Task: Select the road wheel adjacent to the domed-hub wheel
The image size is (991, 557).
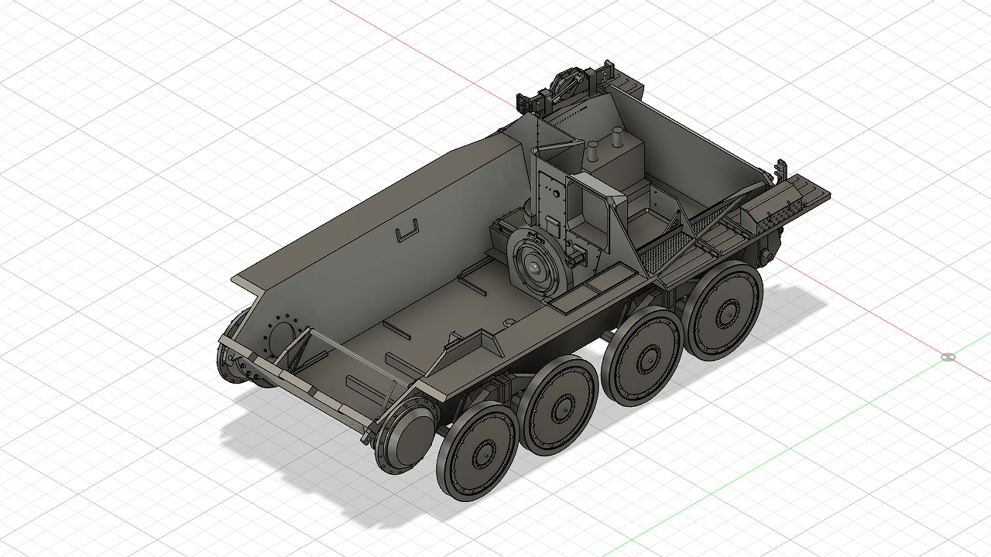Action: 476,451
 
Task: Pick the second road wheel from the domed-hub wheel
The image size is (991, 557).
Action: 558,405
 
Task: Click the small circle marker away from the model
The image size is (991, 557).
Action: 948,357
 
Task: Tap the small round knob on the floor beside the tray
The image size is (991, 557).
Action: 508,321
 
